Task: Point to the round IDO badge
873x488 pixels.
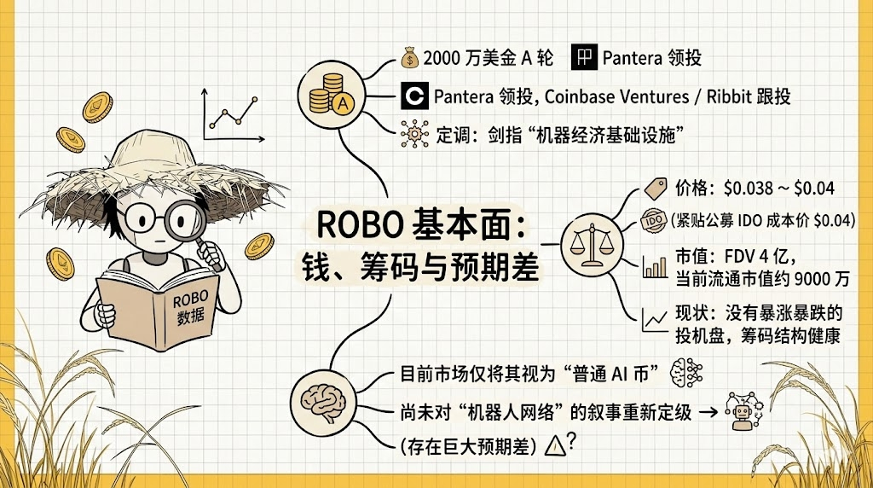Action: [654, 218]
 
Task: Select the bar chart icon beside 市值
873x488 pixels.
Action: [656, 267]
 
